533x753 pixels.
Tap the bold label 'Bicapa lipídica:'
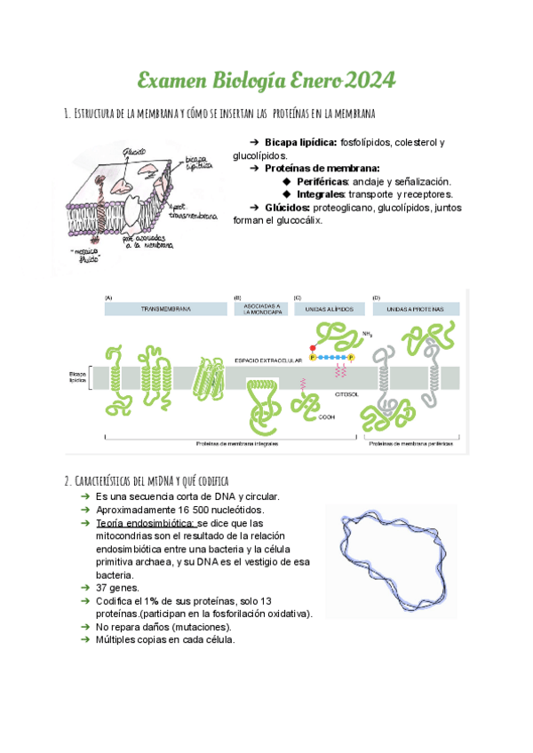[x=300, y=142]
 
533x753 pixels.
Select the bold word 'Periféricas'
[x=322, y=180]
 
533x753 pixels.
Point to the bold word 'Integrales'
[x=320, y=194]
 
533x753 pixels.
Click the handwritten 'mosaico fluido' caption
[x=86, y=256]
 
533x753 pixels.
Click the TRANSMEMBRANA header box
[x=163, y=309]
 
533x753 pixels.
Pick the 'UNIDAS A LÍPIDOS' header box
[x=329, y=309]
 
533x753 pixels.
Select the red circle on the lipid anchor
[x=313, y=348]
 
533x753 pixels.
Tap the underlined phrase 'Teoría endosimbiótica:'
[x=145, y=523]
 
